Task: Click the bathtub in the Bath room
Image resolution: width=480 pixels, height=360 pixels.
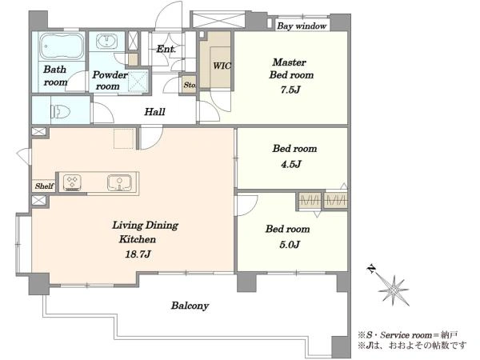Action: pyautogui.click(x=62, y=46)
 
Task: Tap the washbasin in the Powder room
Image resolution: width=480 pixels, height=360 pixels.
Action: pyautogui.click(x=106, y=41)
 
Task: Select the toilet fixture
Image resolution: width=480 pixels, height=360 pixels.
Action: pyautogui.click(x=60, y=111)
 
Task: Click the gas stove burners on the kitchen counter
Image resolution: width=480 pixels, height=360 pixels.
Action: pyautogui.click(x=72, y=182)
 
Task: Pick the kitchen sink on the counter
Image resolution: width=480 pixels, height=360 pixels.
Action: pyautogui.click(x=119, y=182)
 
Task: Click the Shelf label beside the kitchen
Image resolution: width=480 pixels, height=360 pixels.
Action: pyautogui.click(x=44, y=186)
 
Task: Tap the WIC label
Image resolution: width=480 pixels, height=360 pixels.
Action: pyautogui.click(x=222, y=66)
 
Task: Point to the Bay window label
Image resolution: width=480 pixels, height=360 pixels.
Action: pyautogui.click(x=302, y=26)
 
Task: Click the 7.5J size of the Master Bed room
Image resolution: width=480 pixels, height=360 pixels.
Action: pyautogui.click(x=290, y=90)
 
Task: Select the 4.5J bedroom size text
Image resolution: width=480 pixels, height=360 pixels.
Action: pyautogui.click(x=291, y=164)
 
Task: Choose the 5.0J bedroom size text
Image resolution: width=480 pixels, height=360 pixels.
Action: pyautogui.click(x=290, y=244)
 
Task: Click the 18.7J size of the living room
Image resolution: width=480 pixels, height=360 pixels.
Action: pyautogui.click(x=138, y=254)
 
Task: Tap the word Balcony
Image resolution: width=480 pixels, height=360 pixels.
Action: pyautogui.click(x=190, y=306)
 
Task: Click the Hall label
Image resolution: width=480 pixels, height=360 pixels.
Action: pyautogui.click(x=154, y=112)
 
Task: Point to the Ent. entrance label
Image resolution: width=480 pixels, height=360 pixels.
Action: pyautogui.click(x=166, y=49)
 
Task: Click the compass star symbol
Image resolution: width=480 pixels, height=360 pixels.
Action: pyautogui.click(x=394, y=290)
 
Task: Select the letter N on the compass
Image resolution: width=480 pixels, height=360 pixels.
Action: pyautogui.click(x=371, y=269)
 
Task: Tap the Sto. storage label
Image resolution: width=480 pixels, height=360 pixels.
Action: pyautogui.click(x=190, y=85)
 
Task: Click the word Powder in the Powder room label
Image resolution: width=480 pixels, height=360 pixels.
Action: pyautogui.click(x=110, y=74)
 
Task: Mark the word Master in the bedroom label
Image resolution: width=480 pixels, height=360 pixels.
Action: pyautogui.click(x=290, y=62)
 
